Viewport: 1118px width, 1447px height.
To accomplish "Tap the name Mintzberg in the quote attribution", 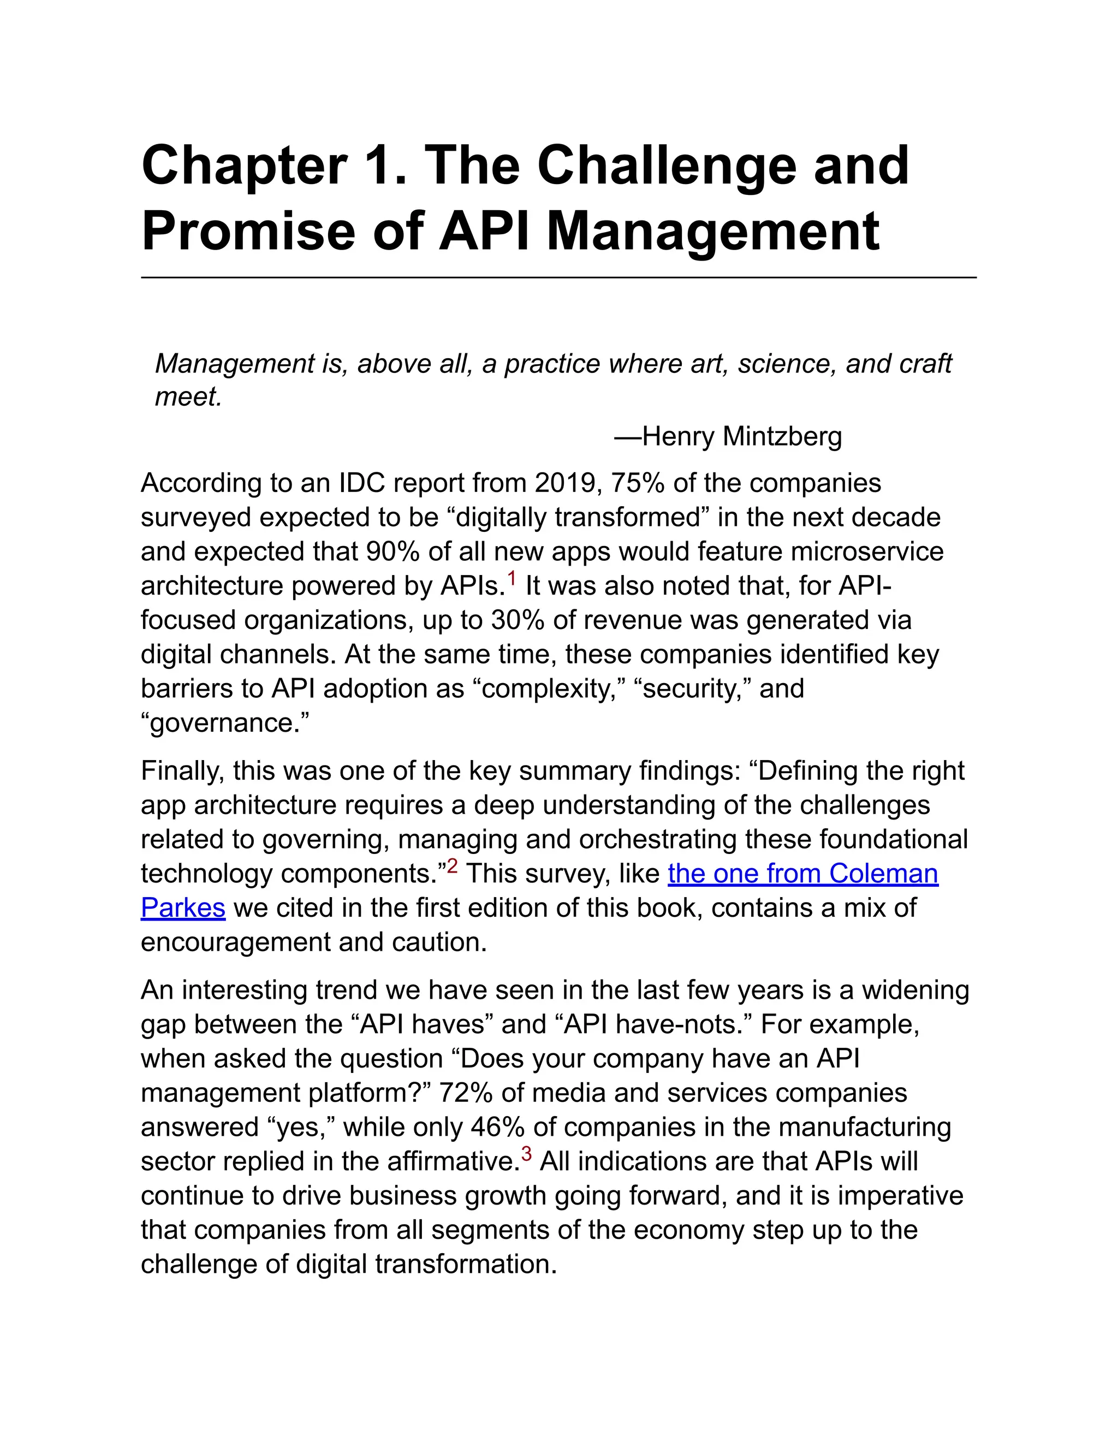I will [782, 437].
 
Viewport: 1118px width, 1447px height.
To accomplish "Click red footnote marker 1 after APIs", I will [512, 578].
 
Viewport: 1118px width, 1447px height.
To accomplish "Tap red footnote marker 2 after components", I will [453, 866].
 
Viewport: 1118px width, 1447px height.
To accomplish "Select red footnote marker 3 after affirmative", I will [527, 1153].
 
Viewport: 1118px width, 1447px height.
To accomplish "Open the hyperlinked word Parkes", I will [183, 908].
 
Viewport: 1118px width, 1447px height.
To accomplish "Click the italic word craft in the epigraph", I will [925, 364].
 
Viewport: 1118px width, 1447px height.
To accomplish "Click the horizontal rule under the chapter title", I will [558, 277].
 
